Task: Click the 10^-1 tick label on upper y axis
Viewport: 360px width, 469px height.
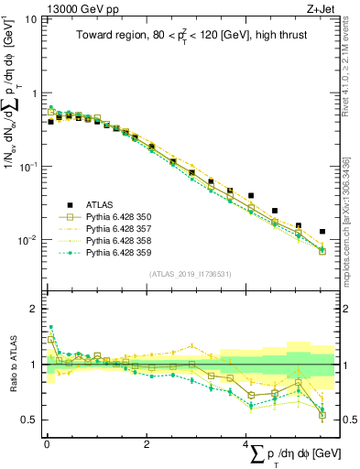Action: coord(28,167)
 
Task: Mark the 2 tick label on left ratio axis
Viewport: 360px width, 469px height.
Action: coord(34,309)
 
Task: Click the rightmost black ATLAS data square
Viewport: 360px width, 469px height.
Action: coord(322,232)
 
